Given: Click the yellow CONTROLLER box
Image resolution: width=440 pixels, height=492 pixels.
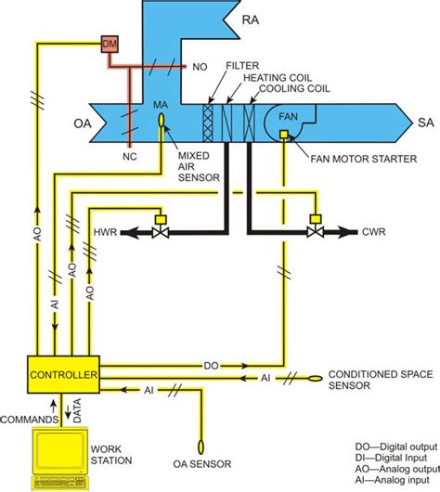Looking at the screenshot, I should pyautogui.click(x=63, y=374).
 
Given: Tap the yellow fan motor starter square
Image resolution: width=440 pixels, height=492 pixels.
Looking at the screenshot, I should pyautogui.click(x=282, y=137).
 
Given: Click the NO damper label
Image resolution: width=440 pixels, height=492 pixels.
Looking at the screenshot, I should pyautogui.click(x=199, y=67).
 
